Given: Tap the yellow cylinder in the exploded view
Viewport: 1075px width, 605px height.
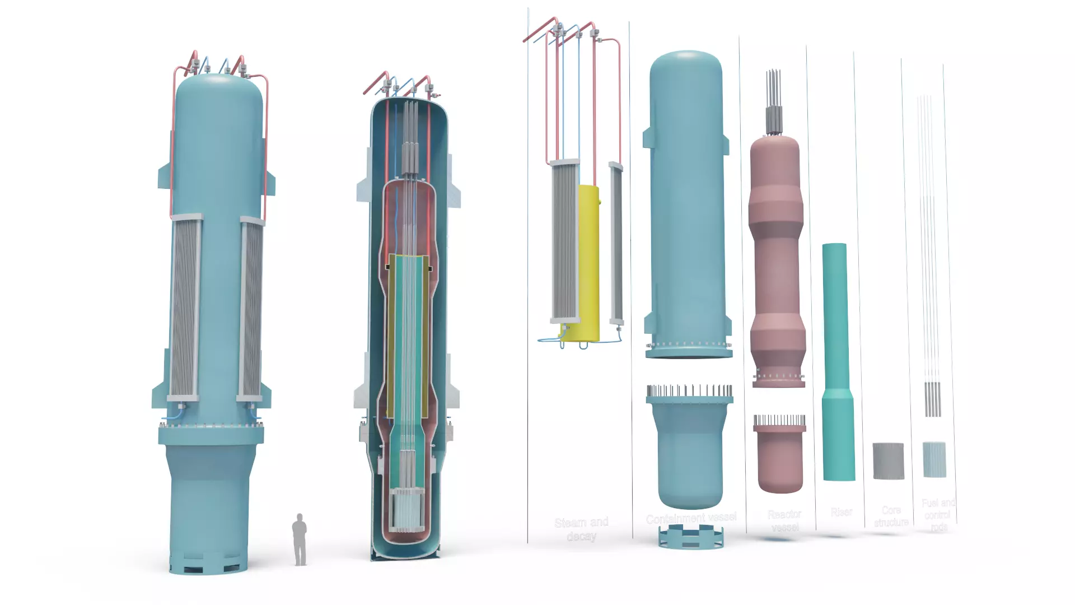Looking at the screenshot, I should pos(588,263).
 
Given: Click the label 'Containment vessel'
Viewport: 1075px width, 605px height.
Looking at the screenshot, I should pos(691,518).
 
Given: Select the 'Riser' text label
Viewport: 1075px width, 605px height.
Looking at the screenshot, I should pos(841,512).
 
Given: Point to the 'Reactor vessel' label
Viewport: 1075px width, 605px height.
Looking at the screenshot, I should pos(784,520).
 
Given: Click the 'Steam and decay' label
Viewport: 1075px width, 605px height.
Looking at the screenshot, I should pos(581,529).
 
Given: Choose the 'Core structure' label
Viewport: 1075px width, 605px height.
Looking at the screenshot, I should pos(891,516).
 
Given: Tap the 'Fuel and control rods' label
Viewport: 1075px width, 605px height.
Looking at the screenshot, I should pos(938,514).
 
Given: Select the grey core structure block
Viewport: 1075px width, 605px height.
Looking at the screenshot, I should pos(888,461).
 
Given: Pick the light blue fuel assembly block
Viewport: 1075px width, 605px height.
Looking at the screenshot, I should pos(934,459).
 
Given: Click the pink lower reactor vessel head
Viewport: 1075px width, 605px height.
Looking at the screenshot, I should pos(779,459).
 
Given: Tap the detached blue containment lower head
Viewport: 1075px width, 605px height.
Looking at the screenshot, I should pos(690,454).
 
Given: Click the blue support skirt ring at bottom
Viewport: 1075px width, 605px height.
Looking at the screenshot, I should pos(690,538).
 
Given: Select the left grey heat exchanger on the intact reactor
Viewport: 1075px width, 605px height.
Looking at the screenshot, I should pos(185,308).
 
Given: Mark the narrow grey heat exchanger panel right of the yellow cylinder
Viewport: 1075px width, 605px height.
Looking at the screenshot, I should pos(616,244).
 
